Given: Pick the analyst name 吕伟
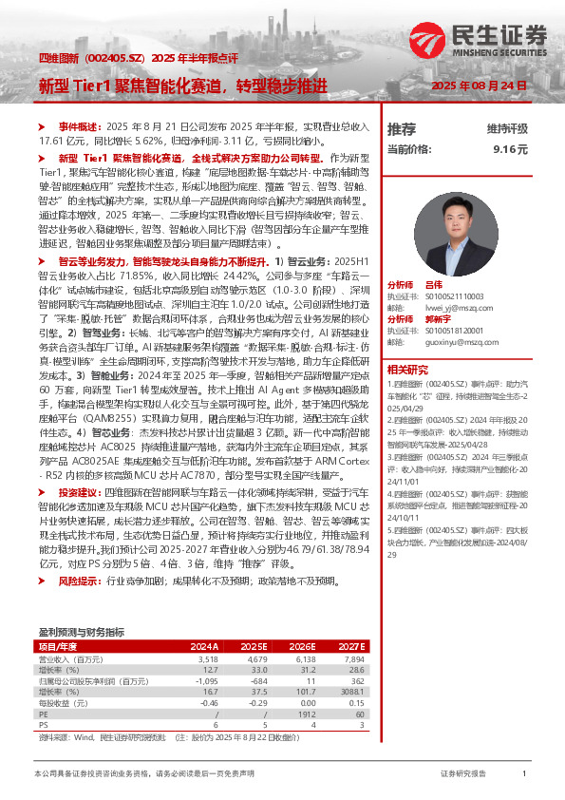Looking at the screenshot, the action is point(433,284).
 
